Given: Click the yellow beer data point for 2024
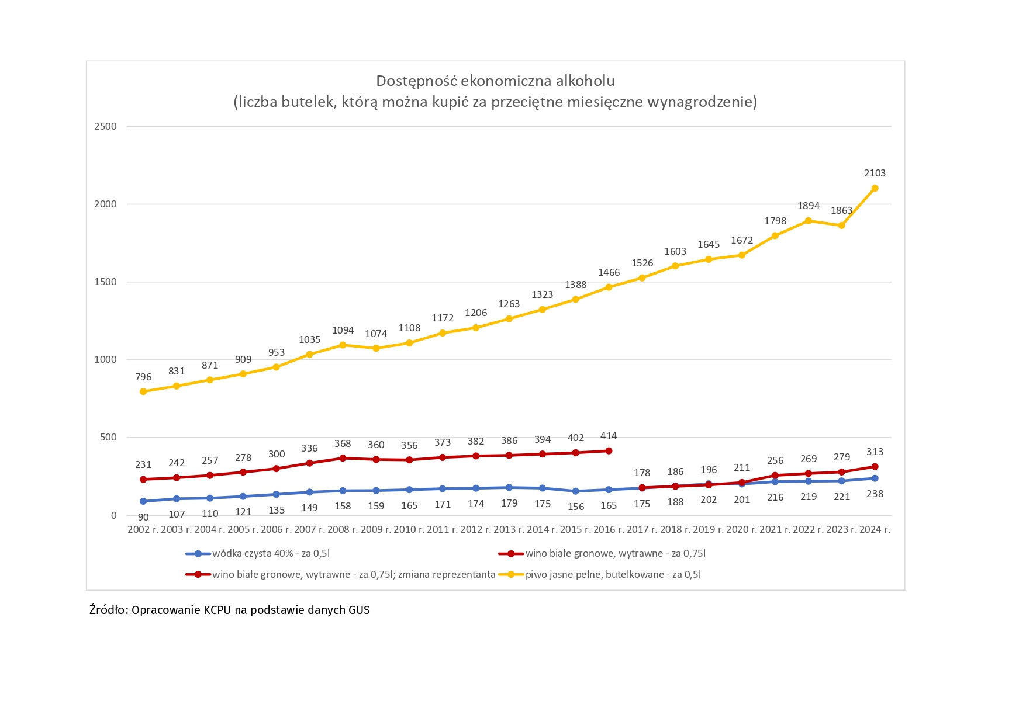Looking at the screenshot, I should click(875, 188).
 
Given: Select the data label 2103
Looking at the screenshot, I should click(875, 173).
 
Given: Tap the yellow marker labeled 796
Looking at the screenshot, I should click(143, 391).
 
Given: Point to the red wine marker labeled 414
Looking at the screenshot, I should click(609, 451).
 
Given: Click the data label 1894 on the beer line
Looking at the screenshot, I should click(809, 206).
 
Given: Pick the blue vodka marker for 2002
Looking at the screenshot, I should click(143, 501).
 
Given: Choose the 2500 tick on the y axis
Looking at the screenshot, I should click(106, 126).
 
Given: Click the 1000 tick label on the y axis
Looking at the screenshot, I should click(106, 359).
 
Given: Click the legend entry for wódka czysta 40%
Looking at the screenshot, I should click(271, 553).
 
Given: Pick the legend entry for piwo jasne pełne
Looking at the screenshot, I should click(613, 574).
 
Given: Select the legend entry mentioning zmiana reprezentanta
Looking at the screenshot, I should click(354, 574).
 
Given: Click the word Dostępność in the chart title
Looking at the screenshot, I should click(413, 81).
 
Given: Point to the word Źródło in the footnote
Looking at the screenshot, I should click(108, 610).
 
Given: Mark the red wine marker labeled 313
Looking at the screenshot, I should click(875, 467).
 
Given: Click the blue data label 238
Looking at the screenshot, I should click(875, 494).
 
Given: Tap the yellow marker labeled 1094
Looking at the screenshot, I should click(343, 345).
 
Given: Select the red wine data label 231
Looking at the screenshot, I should click(143, 464).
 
